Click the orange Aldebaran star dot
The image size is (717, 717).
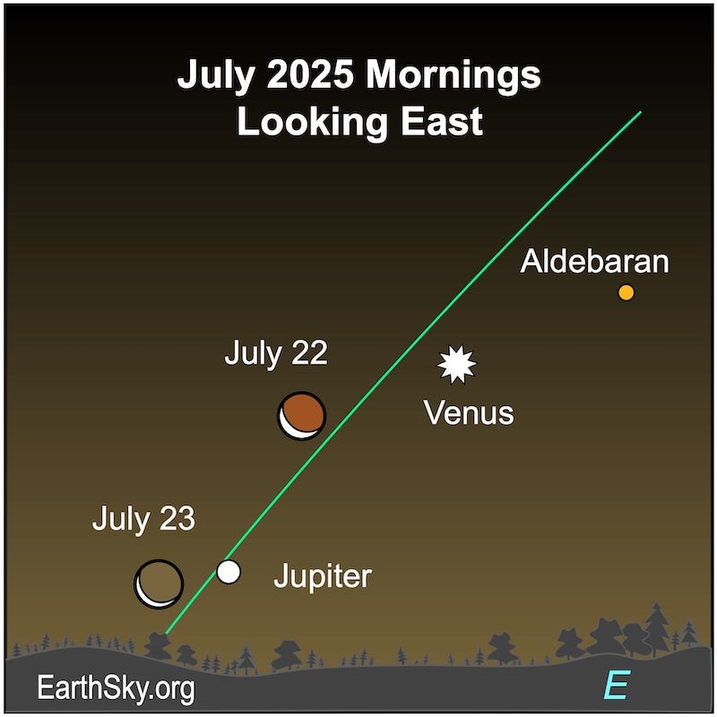(626, 292)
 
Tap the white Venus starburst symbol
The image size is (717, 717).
(457, 365)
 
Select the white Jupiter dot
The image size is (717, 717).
(229, 571)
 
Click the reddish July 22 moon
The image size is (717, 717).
(302, 415)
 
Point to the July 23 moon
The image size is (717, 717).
(159, 583)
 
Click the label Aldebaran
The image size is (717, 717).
(595, 262)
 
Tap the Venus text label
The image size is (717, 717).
(468, 413)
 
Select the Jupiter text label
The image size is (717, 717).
(322, 576)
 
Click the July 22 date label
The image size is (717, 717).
(276, 353)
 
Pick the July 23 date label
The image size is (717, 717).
(143, 519)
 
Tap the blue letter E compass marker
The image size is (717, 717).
(615, 686)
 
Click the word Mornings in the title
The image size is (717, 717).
(456, 76)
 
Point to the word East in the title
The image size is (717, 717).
(436, 122)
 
